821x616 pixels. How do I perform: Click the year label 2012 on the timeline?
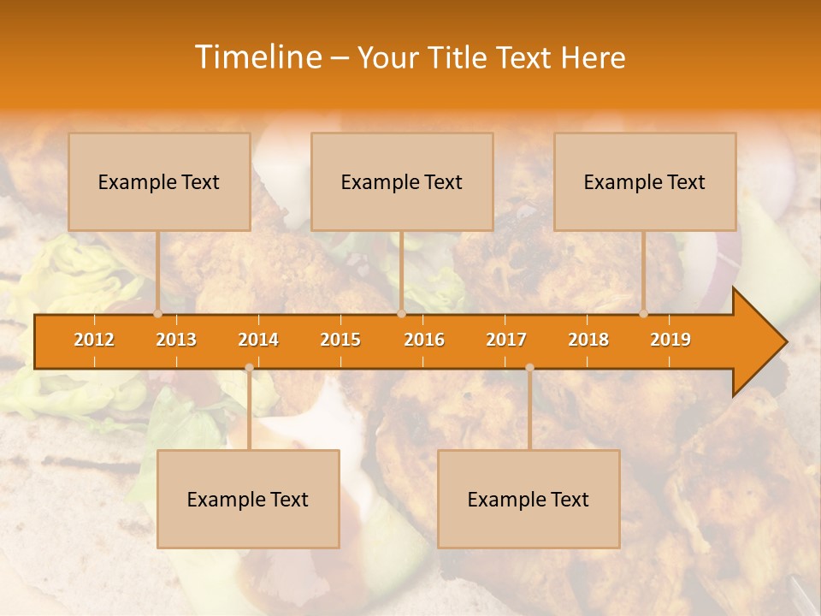click(x=94, y=340)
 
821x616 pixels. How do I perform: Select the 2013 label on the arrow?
click(x=176, y=340)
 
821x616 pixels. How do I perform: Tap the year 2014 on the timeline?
click(x=258, y=340)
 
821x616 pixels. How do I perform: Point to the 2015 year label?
click(x=340, y=340)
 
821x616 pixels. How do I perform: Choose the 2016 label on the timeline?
click(x=424, y=340)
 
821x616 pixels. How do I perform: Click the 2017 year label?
click(x=506, y=340)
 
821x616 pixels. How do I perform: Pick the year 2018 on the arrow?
click(x=588, y=340)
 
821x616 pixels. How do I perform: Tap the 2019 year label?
click(x=670, y=340)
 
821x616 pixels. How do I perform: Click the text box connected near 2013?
click(x=159, y=181)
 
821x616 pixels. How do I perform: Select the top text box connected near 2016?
click(x=402, y=181)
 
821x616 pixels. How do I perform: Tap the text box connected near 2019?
click(x=645, y=181)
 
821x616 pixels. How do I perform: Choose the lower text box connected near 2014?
click(x=248, y=499)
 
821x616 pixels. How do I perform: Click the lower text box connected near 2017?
click(x=529, y=499)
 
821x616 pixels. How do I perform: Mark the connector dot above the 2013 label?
click(x=158, y=313)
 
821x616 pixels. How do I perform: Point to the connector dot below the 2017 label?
click(x=529, y=368)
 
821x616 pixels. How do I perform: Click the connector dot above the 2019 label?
click(x=644, y=313)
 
